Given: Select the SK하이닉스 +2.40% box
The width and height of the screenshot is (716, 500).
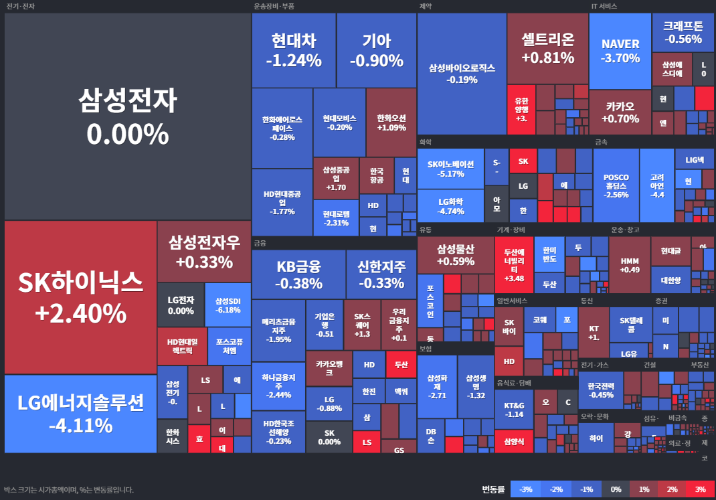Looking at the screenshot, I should pyautogui.click(x=80, y=297).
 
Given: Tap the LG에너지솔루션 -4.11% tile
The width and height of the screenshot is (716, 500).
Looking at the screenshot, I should pyautogui.click(x=80, y=414).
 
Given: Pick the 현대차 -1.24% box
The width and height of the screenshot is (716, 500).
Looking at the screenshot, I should pyautogui.click(x=293, y=51).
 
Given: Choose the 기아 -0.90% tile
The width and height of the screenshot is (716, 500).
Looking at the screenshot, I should pyautogui.click(x=376, y=51).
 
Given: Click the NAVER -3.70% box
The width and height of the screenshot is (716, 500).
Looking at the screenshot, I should pyautogui.click(x=620, y=51).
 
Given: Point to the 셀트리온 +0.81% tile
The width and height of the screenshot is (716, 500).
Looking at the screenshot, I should pyautogui.click(x=547, y=48).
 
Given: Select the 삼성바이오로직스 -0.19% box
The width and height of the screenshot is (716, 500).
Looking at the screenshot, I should pyautogui.click(x=462, y=74).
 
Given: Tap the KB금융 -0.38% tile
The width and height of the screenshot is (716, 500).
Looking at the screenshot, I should pyautogui.click(x=298, y=274).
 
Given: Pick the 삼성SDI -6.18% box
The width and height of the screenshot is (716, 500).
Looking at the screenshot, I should pyautogui.click(x=228, y=305).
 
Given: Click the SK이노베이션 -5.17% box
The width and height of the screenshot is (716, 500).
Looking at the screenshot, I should pyautogui.click(x=450, y=169).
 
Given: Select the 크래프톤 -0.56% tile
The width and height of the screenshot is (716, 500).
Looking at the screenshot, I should pyautogui.click(x=683, y=32).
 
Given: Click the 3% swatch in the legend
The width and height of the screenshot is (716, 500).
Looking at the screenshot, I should pyautogui.click(x=700, y=489).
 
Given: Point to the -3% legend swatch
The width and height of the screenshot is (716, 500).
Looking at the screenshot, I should pyautogui.click(x=526, y=489).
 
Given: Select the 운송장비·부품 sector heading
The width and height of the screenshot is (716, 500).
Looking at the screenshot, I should pyautogui.click(x=274, y=6).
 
